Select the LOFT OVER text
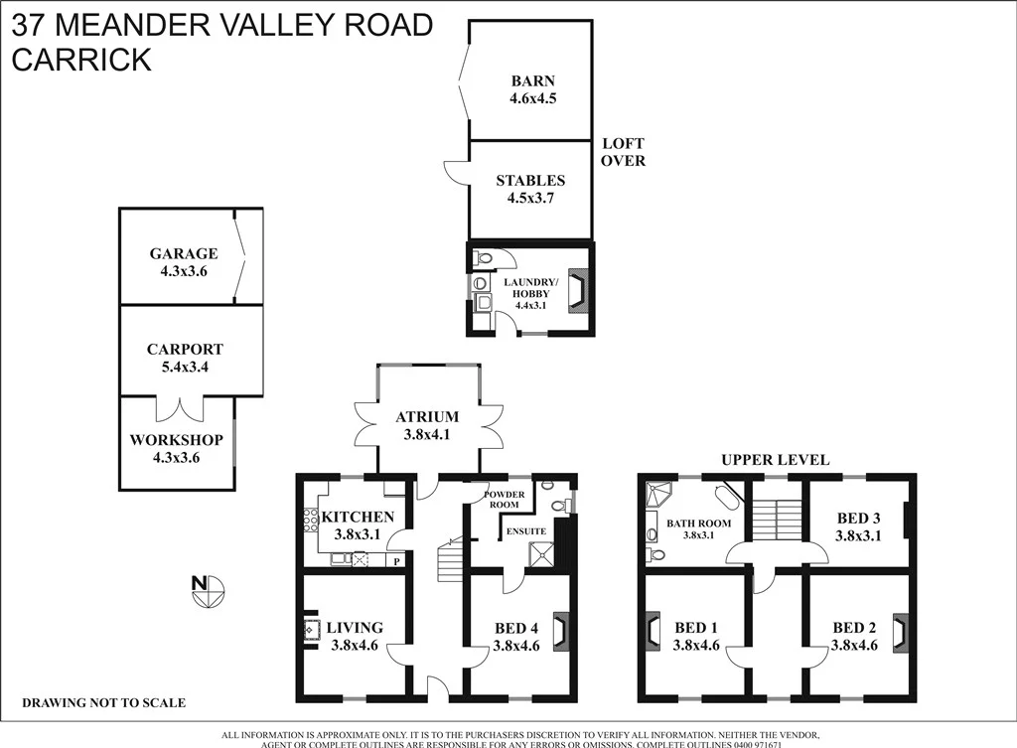(624, 152)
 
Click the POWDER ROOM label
(502, 500)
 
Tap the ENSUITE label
(525, 531)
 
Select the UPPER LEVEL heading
(775, 459)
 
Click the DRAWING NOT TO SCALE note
(103, 703)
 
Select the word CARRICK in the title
(81, 59)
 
